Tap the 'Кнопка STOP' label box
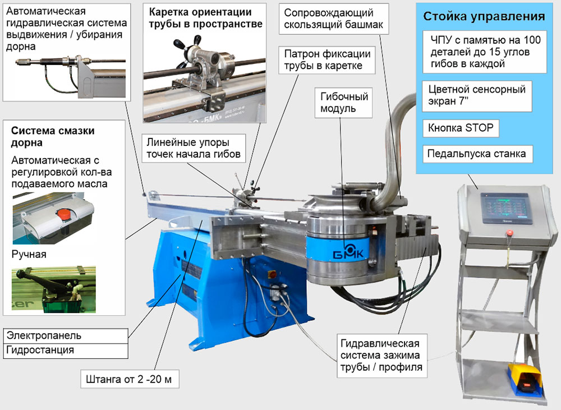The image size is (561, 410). click(460, 128)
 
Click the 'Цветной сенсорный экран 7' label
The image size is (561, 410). click(476, 96)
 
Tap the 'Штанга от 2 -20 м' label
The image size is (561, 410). click(130, 380)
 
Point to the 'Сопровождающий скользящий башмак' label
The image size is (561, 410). click(335, 20)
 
